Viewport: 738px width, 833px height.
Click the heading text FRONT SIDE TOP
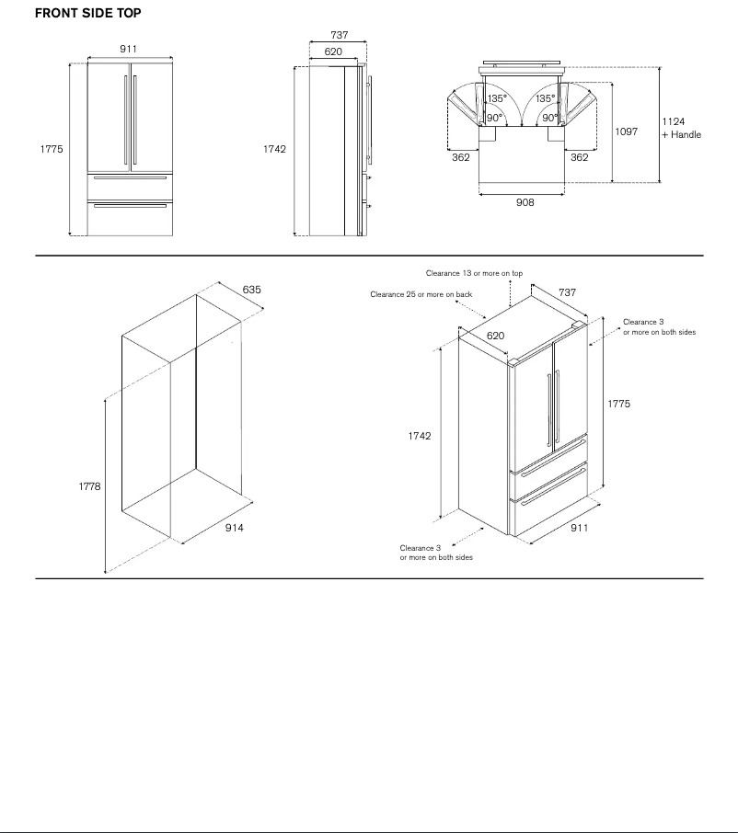[87, 14]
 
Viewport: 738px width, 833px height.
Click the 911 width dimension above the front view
[130, 48]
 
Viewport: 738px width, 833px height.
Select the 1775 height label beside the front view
[52, 149]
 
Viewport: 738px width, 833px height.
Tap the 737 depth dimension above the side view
[340, 35]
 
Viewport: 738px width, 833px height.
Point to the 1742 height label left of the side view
[275, 149]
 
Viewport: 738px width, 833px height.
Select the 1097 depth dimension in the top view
[626, 131]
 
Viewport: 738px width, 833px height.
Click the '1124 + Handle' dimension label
[681, 128]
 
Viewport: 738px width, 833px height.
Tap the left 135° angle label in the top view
[497, 98]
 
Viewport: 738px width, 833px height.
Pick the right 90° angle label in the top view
[549, 118]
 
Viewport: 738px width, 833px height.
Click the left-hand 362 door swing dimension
[461, 157]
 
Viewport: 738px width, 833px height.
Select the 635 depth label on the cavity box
[251, 290]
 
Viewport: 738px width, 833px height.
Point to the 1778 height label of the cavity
[89, 486]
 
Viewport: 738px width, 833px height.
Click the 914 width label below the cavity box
[235, 528]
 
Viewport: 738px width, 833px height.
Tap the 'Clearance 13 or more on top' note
[474, 273]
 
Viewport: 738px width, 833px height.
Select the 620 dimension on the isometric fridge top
[495, 336]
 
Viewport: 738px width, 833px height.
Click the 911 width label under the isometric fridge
[579, 528]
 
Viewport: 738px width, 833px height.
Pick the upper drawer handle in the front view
[130, 177]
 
